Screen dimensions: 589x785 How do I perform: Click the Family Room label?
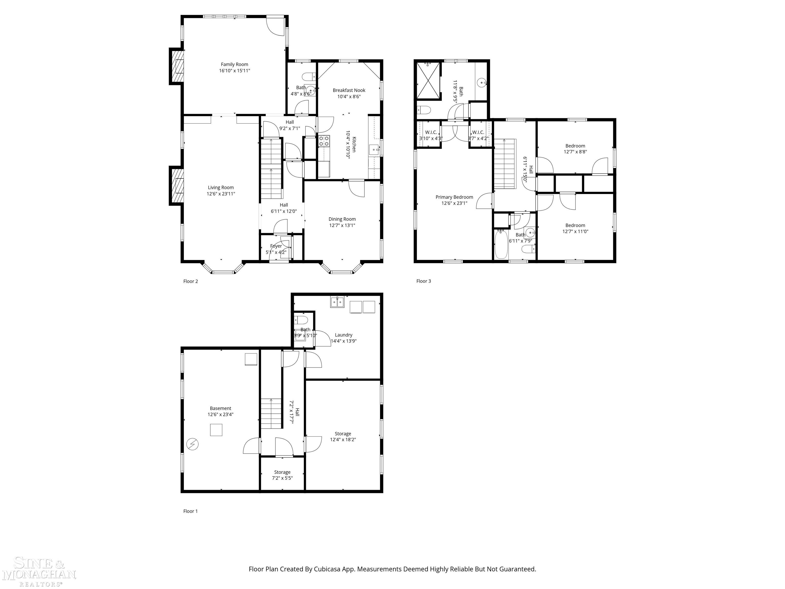point(234,64)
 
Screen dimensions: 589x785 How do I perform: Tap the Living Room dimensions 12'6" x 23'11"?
point(221,194)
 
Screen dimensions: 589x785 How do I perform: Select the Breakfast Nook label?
point(349,90)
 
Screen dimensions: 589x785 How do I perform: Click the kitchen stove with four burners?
point(324,141)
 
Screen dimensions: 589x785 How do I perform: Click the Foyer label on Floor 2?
point(276,246)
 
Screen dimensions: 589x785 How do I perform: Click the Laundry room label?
point(343,335)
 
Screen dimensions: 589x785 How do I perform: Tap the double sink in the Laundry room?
point(338,302)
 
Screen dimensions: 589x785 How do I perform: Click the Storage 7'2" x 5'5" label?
point(282,472)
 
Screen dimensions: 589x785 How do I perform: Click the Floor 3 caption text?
point(423,281)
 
